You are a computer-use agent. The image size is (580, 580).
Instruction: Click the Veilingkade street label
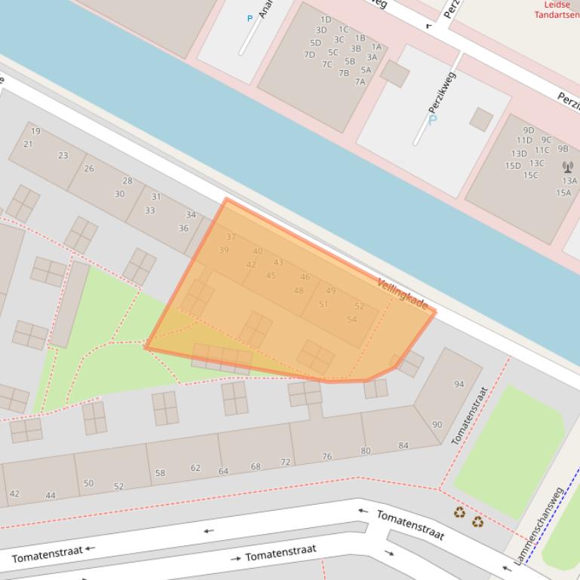pyautogui.click(x=403, y=294)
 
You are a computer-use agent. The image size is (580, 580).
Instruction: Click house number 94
pyautogui.click(x=459, y=384)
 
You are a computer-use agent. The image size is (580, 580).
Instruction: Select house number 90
pyautogui.click(x=437, y=425)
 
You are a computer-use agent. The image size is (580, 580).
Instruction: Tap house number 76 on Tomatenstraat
pyautogui.click(x=327, y=456)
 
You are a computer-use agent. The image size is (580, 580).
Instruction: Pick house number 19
pyautogui.click(x=35, y=131)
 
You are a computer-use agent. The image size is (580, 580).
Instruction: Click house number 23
pyautogui.click(x=63, y=156)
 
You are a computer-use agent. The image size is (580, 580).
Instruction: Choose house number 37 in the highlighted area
pyautogui.click(x=231, y=237)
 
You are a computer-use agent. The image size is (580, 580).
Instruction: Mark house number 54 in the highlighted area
pyautogui.click(x=351, y=319)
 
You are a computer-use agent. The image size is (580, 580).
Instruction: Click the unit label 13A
pyautogui.click(x=569, y=181)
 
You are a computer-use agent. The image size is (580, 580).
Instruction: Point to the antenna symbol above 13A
pyautogui.click(x=568, y=166)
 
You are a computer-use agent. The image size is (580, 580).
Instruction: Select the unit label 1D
pyautogui.click(x=326, y=20)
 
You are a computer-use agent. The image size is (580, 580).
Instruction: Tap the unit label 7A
pyautogui.click(x=360, y=82)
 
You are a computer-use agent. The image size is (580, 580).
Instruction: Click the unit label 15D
pyautogui.click(x=513, y=166)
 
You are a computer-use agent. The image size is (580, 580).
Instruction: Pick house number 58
pyautogui.click(x=160, y=473)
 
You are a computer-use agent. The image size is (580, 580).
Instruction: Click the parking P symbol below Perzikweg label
pyautogui.click(x=433, y=120)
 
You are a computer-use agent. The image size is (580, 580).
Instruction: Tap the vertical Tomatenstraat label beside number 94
pyautogui.click(x=469, y=415)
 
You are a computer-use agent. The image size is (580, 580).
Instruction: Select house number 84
pyautogui.click(x=404, y=446)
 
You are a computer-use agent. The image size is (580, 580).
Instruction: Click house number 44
pyautogui.click(x=51, y=496)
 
